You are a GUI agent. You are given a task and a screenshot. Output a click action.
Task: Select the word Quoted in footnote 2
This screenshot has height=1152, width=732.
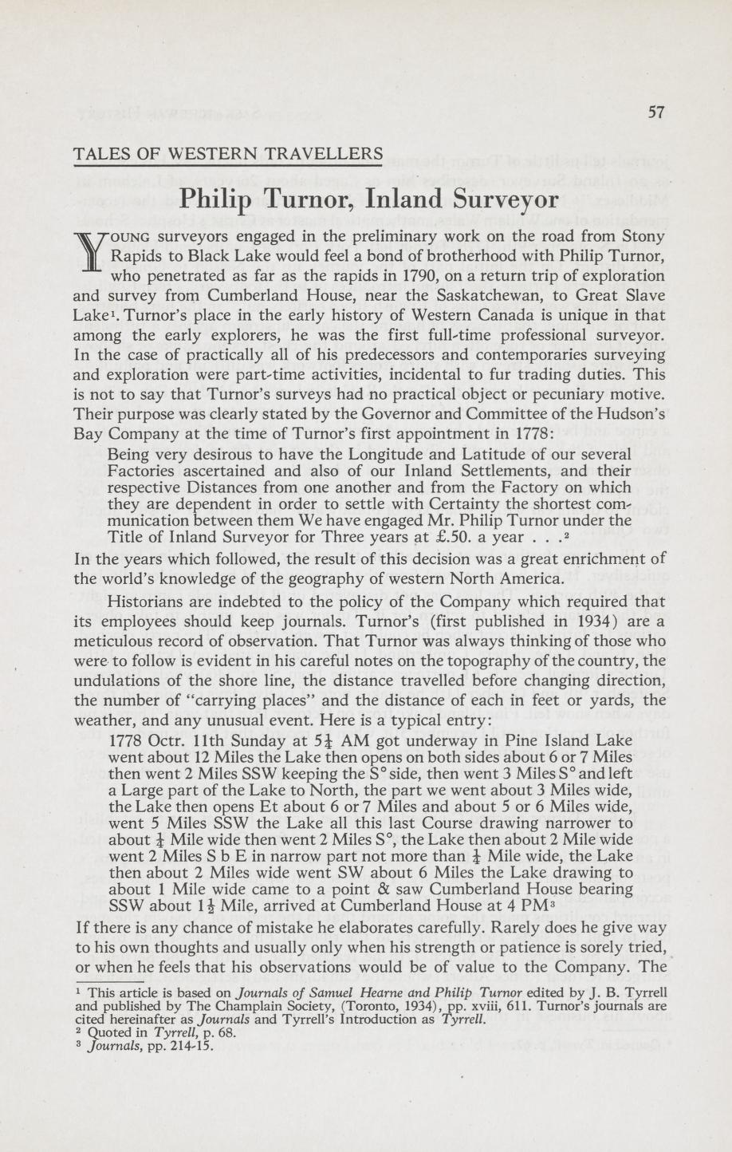(x=108, y=1030)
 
